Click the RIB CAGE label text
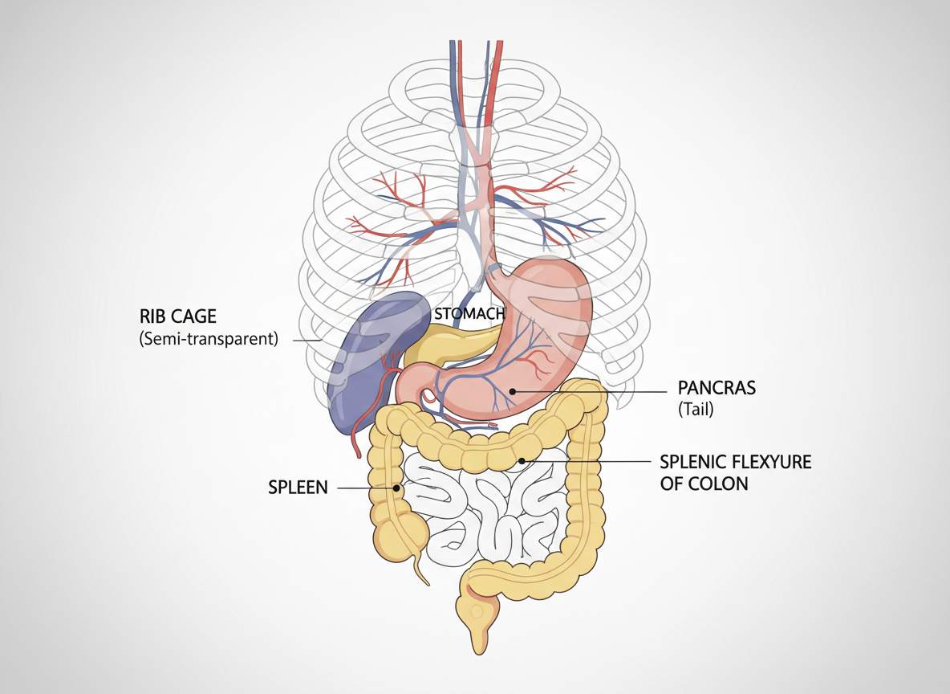click(x=177, y=316)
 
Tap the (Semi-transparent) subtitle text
click(x=208, y=338)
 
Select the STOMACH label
click(x=469, y=313)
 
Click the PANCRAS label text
click(x=717, y=389)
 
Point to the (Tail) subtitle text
click(x=696, y=410)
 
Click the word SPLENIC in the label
click(x=692, y=463)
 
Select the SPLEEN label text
click(x=298, y=488)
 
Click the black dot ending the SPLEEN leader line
click(x=396, y=488)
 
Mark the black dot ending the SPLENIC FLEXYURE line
click(x=522, y=461)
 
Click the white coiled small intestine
click(x=481, y=514)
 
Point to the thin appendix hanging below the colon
click(x=421, y=568)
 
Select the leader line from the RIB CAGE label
click(x=307, y=340)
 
